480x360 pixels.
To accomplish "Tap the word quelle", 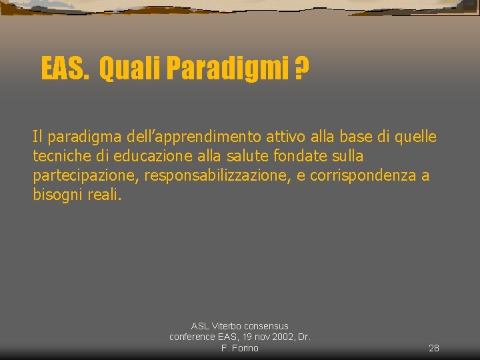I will click(x=415, y=137).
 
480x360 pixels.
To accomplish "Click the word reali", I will click(x=105, y=195).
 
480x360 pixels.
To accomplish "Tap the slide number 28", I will click(x=433, y=348).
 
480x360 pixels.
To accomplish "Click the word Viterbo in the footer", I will click(x=227, y=326).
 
